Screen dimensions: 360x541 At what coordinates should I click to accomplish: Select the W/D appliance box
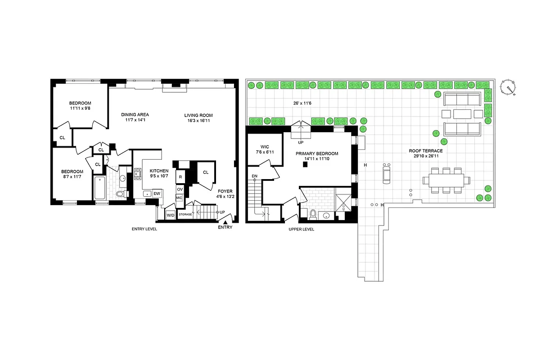coord(171,215)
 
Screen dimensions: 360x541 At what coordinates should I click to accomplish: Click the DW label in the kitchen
coord(157,193)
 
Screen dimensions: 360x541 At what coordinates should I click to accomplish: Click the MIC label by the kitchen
coord(179,198)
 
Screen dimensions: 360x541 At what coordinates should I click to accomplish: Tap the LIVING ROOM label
coord(198,115)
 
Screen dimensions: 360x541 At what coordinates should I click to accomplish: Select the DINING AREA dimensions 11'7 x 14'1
coord(135,120)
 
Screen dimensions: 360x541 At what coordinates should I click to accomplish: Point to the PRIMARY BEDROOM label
coord(316,153)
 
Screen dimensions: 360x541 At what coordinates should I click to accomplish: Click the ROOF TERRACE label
coord(425,151)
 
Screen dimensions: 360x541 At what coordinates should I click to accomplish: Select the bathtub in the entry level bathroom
coord(100,188)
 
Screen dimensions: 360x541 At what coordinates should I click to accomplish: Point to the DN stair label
coord(254,175)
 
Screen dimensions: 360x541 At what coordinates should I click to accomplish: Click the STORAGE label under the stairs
coord(185,215)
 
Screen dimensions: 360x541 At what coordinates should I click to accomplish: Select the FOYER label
coord(225,191)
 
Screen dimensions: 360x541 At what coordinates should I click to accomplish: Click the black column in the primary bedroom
coord(305,165)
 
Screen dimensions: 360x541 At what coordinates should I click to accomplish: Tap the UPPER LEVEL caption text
coord(301,229)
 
